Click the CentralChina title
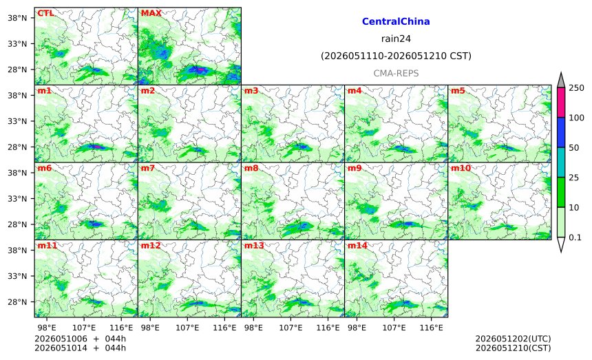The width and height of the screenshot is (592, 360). [396, 21]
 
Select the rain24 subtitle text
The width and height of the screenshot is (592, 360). [396, 39]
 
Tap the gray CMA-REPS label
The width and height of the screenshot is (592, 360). [396, 73]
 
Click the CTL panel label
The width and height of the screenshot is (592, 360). [45, 13]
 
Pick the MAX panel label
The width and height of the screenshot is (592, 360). [151, 13]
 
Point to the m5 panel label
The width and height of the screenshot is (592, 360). [458, 91]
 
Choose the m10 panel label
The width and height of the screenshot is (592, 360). [461, 168]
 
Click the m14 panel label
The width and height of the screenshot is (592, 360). [357, 246]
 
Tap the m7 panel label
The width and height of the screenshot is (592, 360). [148, 168]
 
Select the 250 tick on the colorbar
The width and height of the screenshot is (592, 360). [577, 88]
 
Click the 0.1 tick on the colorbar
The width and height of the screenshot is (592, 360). [575, 237]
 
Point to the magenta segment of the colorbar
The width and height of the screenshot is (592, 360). [560, 103]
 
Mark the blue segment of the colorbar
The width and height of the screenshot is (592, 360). [560, 132]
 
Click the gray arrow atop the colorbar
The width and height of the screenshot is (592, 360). [560, 81]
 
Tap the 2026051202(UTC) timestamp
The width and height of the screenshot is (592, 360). [513, 339]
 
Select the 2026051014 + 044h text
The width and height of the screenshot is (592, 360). [80, 348]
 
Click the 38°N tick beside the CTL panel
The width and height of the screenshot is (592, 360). [17, 18]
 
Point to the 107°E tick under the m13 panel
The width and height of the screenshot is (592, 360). [290, 328]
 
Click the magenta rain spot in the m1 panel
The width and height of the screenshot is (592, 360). [96, 147]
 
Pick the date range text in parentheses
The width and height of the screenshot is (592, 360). [396, 56]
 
